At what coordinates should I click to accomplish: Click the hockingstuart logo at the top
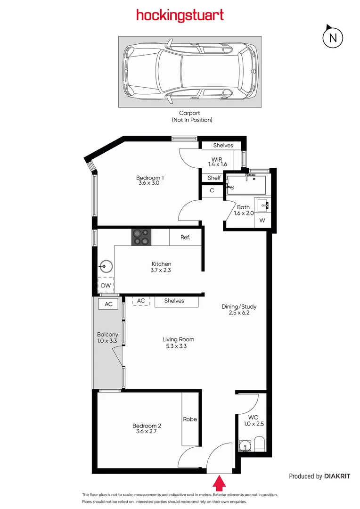(x=180, y=16)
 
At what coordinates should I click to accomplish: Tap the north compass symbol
(x=333, y=37)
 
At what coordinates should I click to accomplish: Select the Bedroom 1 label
(x=150, y=181)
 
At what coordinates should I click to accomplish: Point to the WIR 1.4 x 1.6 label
(x=218, y=162)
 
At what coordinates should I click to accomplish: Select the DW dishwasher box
(x=106, y=285)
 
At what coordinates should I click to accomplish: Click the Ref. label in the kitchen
(x=185, y=238)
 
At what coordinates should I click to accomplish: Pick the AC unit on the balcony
(x=108, y=304)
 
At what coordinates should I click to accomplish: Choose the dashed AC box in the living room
(x=141, y=301)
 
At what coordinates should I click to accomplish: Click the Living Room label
(x=178, y=343)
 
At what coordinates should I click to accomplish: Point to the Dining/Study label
(x=239, y=310)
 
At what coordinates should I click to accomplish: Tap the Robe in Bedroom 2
(x=190, y=419)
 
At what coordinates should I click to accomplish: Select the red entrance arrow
(x=219, y=483)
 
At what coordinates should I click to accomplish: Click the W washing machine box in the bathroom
(x=262, y=221)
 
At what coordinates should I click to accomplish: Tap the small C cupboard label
(x=212, y=190)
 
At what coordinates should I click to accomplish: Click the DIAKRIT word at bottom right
(x=337, y=476)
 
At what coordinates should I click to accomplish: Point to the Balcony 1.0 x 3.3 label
(x=108, y=337)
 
